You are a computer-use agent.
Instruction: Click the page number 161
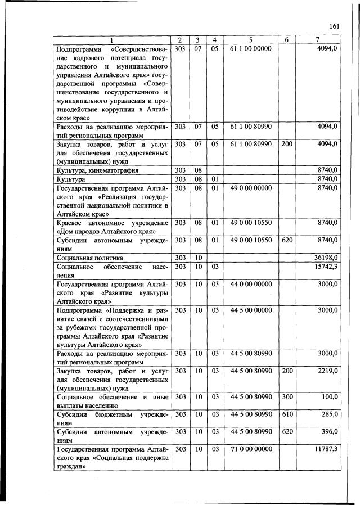point(334,26)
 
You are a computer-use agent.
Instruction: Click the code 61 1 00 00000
point(250,49)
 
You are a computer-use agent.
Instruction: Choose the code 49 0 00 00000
point(250,188)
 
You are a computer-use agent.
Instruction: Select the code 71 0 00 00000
point(250,450)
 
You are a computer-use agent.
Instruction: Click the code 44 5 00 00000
point(250,310)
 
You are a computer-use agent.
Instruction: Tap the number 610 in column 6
point(286,414)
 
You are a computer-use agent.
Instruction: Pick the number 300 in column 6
point(286,397)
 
